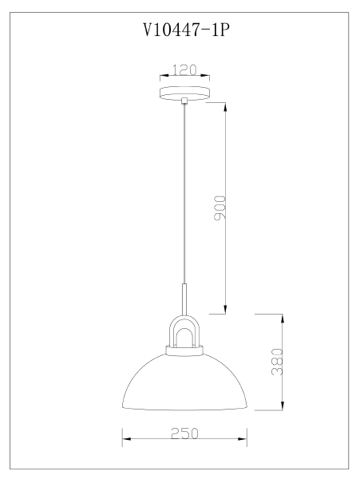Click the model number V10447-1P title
186,30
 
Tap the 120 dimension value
184,70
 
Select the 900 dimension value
220,208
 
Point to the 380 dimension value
277,362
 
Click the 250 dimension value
184,433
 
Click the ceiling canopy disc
184,93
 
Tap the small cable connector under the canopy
184,101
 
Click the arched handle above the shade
184,319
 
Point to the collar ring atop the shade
184,350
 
